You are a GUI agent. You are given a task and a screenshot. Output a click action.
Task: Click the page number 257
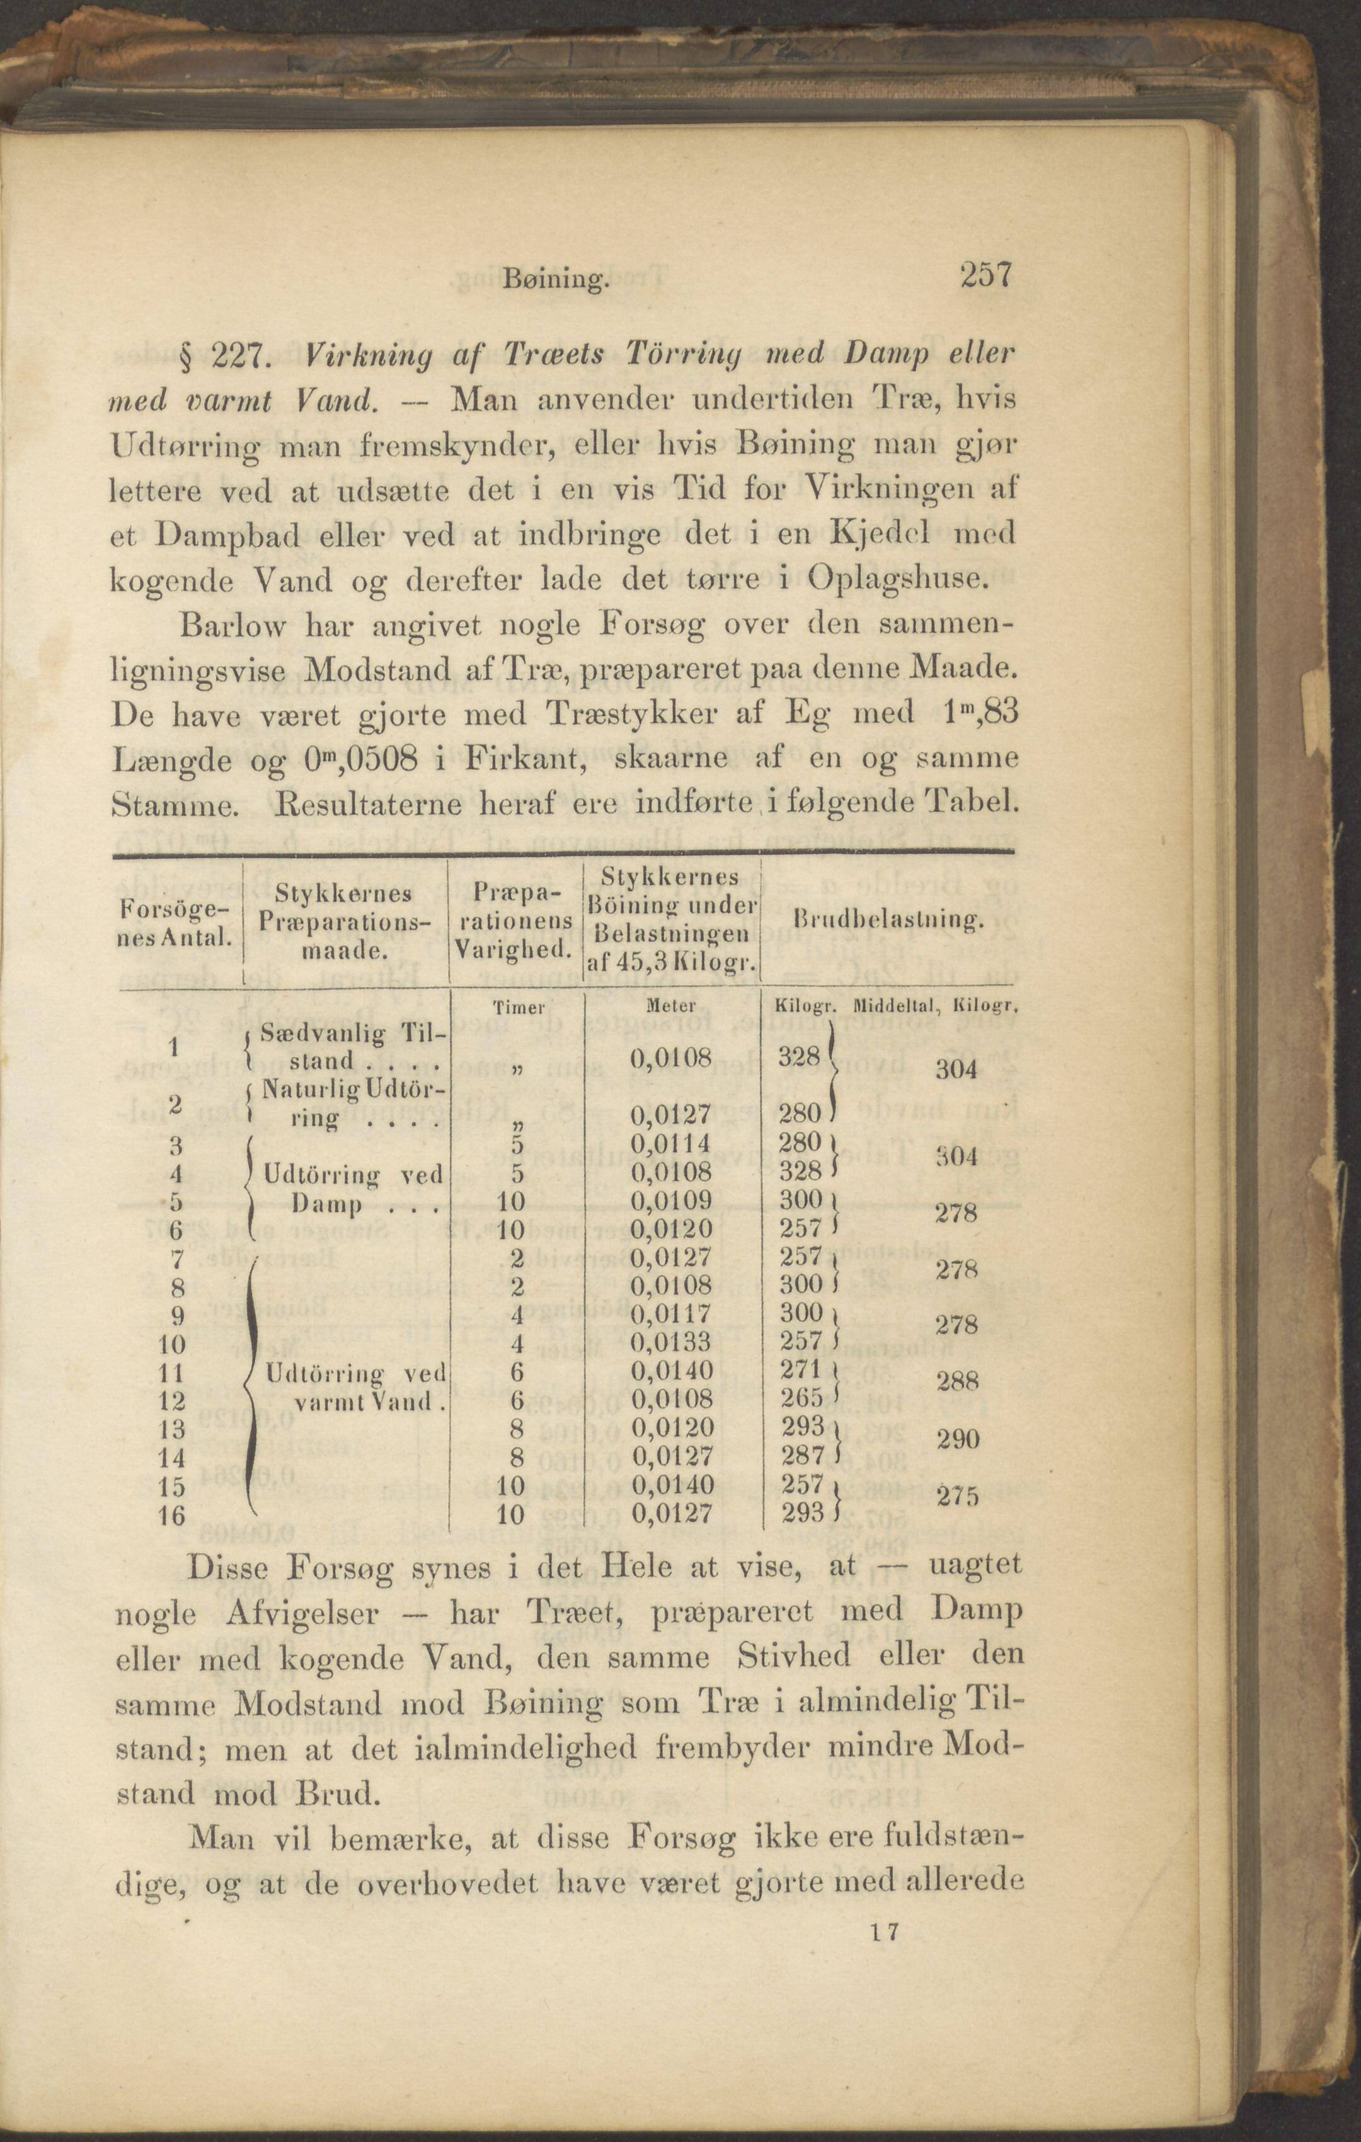pyautogui.click(x=985, y=276)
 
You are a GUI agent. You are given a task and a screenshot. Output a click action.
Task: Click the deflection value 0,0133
pyautogui.click(x=672, y=1342)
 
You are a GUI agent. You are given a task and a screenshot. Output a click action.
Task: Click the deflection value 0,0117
pyautogui.click(x=672, y=1314)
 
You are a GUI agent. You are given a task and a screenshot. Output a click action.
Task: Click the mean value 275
pyautogui.click(x=957, y=1496)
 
